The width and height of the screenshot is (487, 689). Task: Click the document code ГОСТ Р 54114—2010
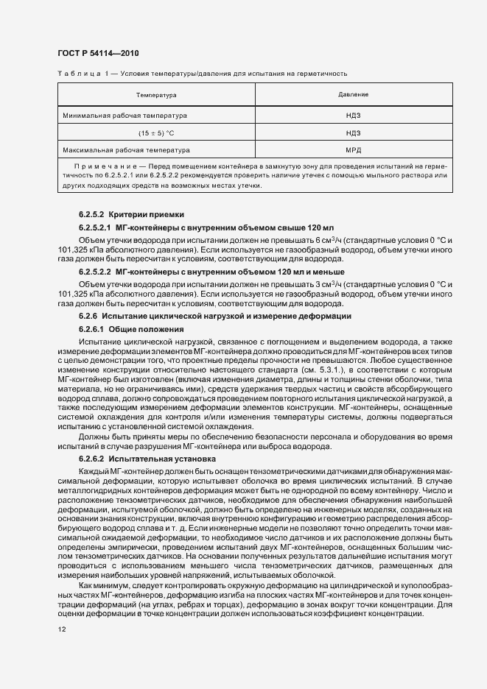[x=98, y=54]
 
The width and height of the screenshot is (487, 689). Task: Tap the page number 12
[x=61, y=629]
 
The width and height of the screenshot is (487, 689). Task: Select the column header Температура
[x=156, y=96]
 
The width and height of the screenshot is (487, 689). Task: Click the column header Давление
[x=354, y=96]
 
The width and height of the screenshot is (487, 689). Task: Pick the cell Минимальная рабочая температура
[x=125, y=116]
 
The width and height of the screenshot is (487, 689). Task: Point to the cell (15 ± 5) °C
[x=155, y=133]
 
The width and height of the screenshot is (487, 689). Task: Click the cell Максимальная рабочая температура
[x=127, y=150]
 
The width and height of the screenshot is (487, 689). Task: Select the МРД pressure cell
[x=354, y=150]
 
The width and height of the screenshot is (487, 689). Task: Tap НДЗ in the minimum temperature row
[x=354, y=116]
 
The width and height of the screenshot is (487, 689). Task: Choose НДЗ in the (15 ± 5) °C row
[x=354, y=133]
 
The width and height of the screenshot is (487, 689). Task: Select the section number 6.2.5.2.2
[x=95, y=271]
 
